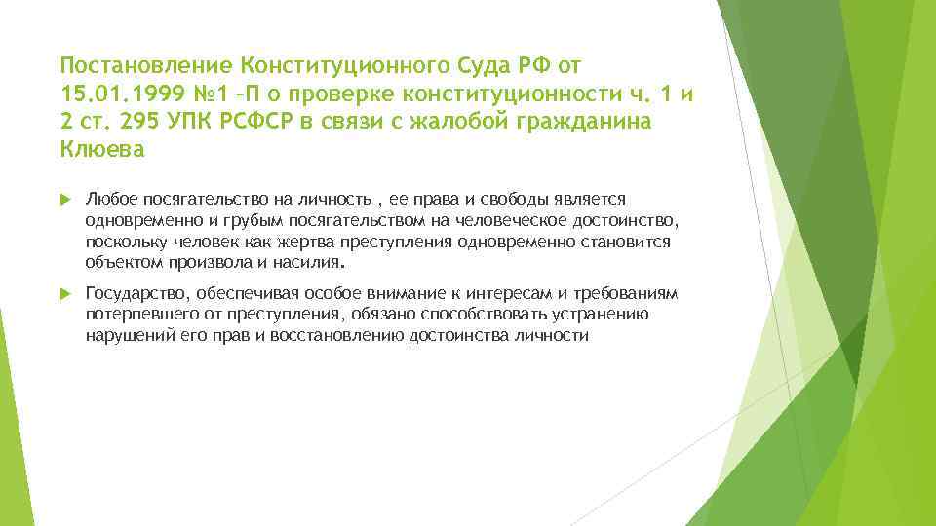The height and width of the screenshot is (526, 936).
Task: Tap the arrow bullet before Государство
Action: coord(65,294)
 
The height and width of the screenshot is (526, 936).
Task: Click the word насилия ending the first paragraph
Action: coord(312,262)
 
